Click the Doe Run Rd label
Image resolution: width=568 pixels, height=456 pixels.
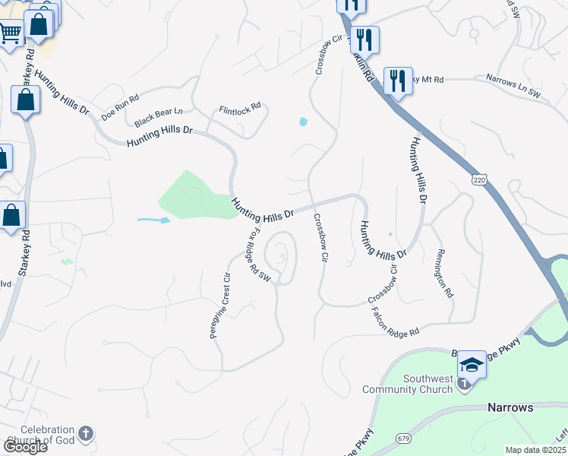coord(121,107)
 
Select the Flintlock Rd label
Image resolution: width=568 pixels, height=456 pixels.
coord(240,107)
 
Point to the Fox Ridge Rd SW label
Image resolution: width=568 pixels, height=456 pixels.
coord(260,255)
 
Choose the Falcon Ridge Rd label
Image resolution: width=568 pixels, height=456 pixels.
coord(395,322)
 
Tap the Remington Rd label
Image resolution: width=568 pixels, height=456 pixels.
coord(444,274)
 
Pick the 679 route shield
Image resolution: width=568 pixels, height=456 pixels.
coord(404,439)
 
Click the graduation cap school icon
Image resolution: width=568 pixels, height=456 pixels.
coord(471,365)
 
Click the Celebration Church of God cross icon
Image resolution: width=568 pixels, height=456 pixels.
coord(86,434)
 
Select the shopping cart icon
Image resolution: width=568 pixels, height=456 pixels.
coord(10,33)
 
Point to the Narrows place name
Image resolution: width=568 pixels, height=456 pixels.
coord(511,407)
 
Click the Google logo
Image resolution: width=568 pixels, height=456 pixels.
coord(25,446)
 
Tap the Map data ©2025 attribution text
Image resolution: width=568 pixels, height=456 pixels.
coord(535,450)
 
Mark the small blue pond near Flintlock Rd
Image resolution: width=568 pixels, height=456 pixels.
coord(304,122)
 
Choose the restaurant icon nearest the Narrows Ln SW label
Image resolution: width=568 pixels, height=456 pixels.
coord(398,79)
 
